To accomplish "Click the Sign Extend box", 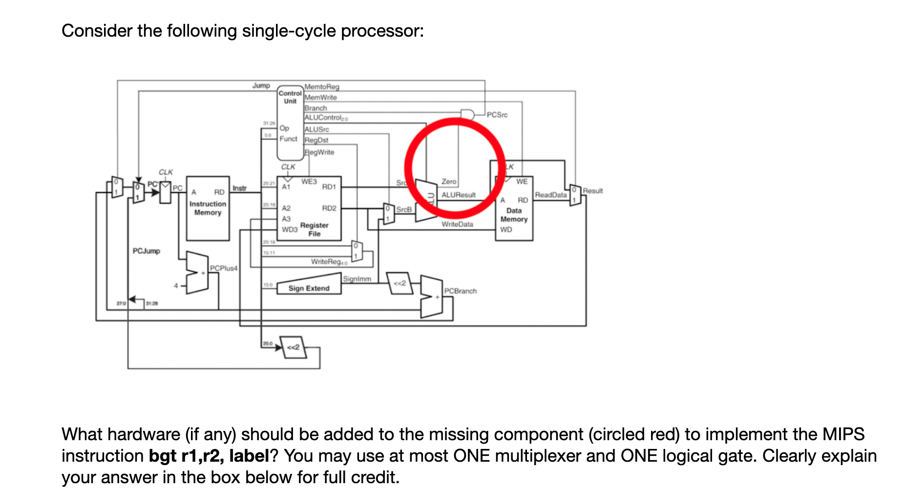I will pyautogui.click(x=309, y=287).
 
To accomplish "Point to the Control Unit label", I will pyautogui.click(x=290, y=97).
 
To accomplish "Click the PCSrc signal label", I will pyautogui.click(x=497, y=115).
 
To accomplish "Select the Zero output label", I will pyautogui.click(x=449, y=182).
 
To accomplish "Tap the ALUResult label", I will pyautogui.click(x=459, y=195).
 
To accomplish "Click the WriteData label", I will pyautogui.click(x=457, y=224).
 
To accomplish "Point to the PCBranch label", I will pyautogui.click(x=460, y=291).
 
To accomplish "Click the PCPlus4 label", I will pyautogui.click(x=223, y=268).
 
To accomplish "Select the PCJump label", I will pyautogui.click(x=146, y=251).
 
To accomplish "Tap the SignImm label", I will pyautogui.click(x=357, y=279).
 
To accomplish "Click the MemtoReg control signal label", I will pyautogui.click(x=321, y=87).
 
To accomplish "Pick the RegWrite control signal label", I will pyautogui.click(x=319, y=152).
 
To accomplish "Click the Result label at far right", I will pyautogui.click(x=592, y=191).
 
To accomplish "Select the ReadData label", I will pyautogui.click(x=551, y=195).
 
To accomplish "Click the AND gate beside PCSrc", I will pyautogui.click(x=467, y=115).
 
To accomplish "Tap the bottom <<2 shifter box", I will pyautogui.click(x=293, y=347).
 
